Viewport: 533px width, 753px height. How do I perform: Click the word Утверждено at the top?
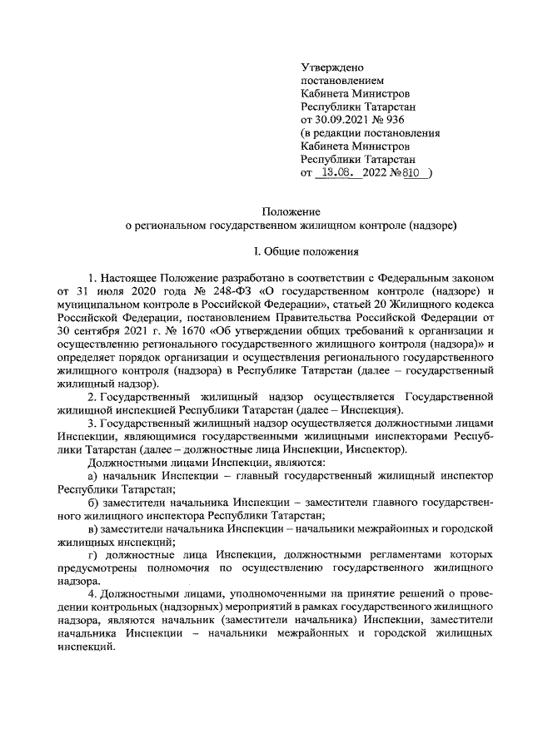coord(331,67)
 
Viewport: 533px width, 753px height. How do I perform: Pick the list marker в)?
coord(93,530)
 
